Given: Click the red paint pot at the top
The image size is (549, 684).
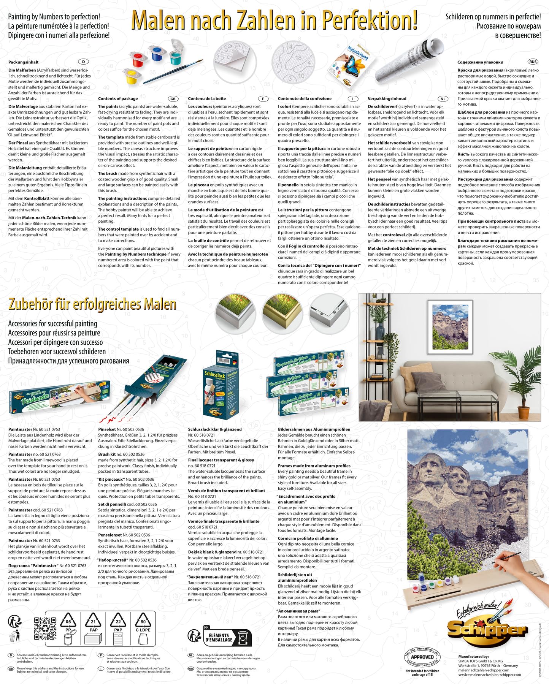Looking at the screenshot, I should click(138, 60).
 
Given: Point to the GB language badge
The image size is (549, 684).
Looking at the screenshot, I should click(173, 99).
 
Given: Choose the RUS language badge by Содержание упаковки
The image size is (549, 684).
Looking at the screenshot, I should click(533, 62).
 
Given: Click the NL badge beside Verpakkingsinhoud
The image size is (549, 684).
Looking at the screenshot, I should click(443, 99).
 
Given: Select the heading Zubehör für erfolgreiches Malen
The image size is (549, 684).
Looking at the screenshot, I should click(92, 304).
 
